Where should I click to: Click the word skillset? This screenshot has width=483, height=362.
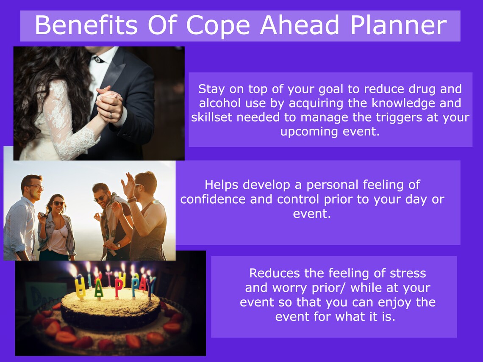[211, 117]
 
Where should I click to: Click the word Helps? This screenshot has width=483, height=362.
[222, 185]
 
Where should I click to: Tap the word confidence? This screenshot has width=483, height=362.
[213, 199]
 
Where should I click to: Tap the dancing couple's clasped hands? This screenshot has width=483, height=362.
[109, 102]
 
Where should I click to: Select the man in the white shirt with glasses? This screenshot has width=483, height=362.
[23, 220]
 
